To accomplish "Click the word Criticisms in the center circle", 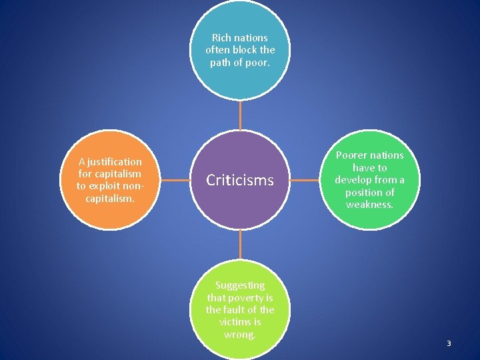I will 240,180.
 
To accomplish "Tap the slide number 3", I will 449,343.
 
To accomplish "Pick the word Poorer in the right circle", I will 351,155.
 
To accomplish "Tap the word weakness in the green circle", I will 369,204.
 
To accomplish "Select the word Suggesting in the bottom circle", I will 240,285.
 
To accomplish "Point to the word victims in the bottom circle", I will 235,322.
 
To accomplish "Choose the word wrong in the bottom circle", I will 239,334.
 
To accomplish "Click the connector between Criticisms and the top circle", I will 240,115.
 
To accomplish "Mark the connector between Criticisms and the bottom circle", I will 240,245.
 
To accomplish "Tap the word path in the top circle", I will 221,63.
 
